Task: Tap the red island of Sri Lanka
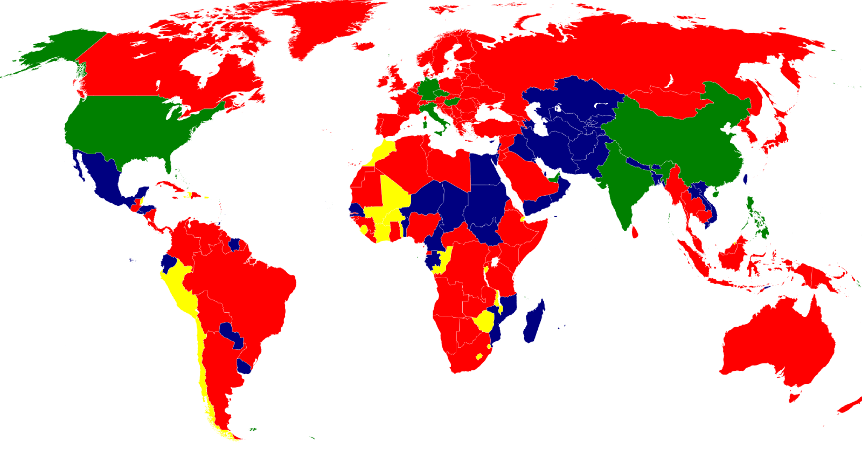635,232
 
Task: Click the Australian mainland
776,340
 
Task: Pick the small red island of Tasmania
793,398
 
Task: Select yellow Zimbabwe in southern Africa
484,322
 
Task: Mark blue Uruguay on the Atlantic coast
244,367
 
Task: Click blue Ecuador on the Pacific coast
168,264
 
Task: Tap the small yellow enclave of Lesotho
479,356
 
